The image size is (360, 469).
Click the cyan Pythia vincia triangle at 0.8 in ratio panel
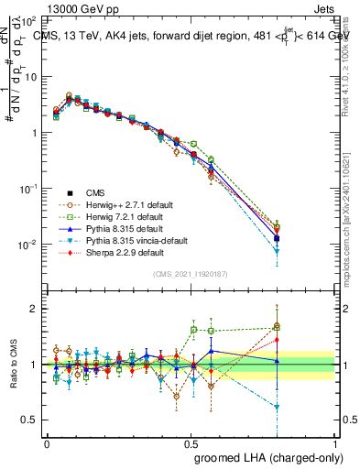point(278,407)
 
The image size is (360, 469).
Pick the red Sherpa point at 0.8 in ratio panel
point(278,340)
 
